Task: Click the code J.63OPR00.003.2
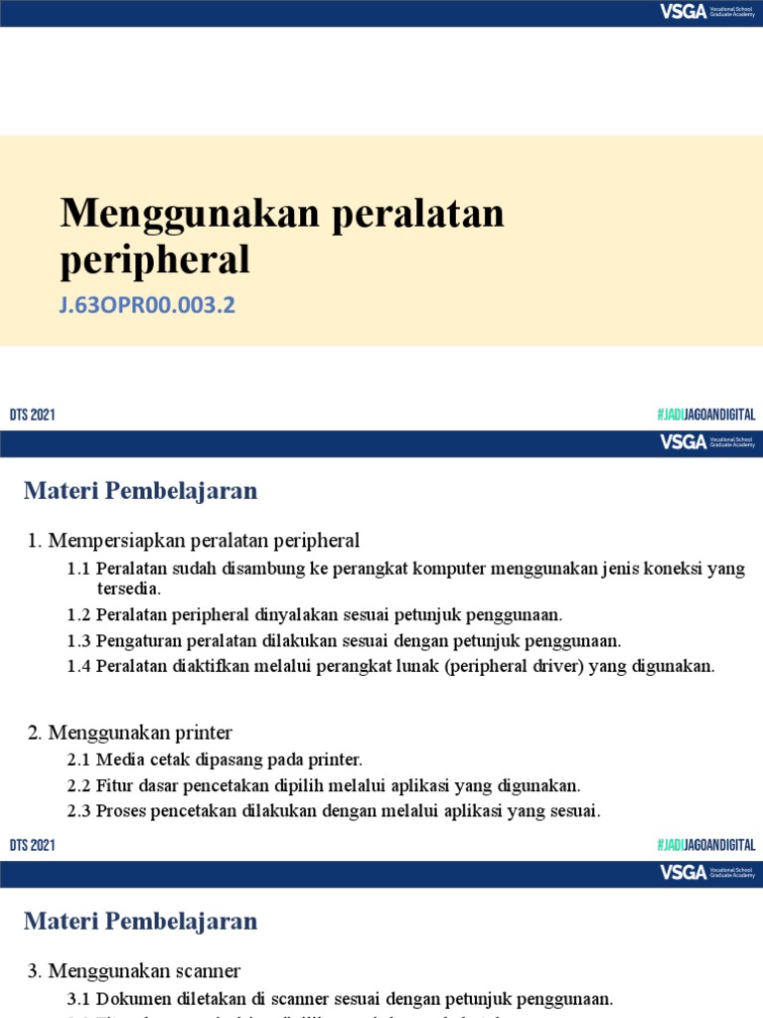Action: [147, 305]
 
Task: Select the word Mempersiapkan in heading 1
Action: [109, 541]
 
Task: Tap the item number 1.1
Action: [78, 569]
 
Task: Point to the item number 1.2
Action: [78, 614]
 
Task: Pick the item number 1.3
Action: [78, 640]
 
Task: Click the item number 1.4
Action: [78, 666]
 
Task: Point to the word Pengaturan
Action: [137, 640]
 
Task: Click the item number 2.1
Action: [78, 760]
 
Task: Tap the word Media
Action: [118, 760]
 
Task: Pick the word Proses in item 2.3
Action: [122, 811]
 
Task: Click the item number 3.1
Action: [78, 999]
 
